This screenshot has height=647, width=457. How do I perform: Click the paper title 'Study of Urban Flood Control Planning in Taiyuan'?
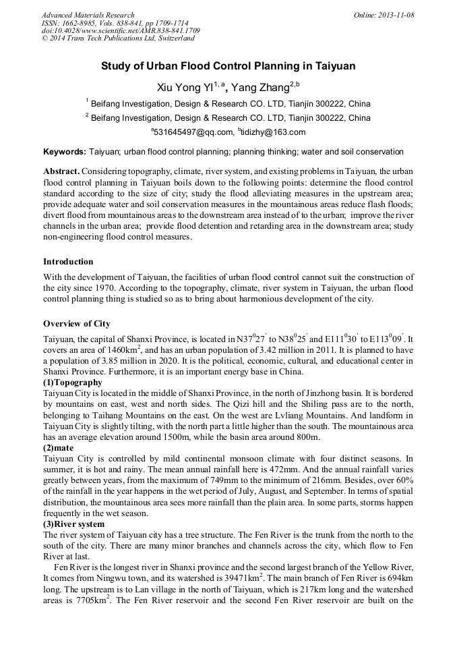click(228, 67)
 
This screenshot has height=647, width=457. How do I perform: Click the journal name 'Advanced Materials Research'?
click(88, 15)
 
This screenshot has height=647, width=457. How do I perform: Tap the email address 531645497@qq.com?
click(193, 132)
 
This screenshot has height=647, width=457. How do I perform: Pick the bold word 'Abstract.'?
click(61, 171)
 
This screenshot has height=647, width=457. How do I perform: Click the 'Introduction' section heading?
click(68, 261)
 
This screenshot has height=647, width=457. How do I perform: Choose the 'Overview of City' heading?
click(77, 323)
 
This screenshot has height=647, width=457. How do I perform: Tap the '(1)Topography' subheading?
click(73, 383)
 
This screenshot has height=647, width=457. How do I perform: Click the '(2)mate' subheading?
click(59, 447)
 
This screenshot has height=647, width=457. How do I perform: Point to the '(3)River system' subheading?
click(73, 524)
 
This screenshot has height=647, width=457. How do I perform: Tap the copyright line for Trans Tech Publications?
click(118, 38)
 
